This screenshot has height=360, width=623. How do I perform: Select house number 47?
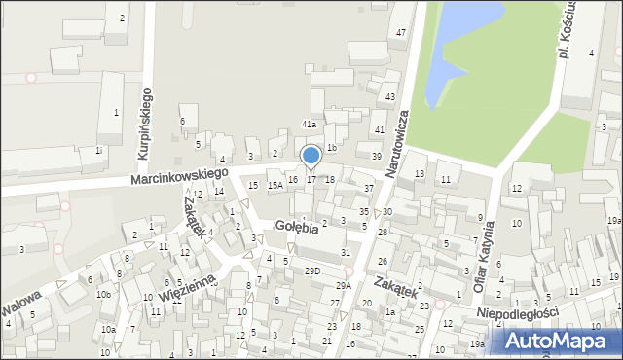(400, 33)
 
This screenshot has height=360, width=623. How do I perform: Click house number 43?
(389, 97)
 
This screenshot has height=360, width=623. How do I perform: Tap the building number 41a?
(309, 125)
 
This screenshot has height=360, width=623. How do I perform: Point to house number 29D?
(311, 270)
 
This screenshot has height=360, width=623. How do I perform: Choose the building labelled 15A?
(275, 185)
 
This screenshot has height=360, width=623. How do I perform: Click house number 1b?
(332, 148)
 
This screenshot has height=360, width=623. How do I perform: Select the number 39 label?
(376, 156)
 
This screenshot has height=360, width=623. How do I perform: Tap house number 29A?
(344, 285)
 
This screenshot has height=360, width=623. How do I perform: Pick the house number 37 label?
(368, 188)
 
